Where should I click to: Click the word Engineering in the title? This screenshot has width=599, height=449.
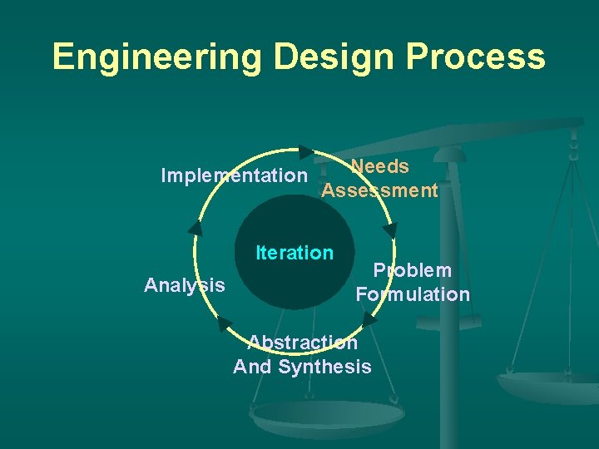click(156, 57)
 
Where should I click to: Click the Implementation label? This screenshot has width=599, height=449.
click(234, 176)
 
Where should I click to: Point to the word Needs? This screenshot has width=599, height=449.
click(379, 167)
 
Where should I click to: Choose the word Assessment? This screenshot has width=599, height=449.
click(379, 191)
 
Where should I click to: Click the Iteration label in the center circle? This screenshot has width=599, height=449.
click(295, 253)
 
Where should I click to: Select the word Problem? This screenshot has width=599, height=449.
click(413, 270)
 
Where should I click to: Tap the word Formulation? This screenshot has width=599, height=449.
click(413, 294)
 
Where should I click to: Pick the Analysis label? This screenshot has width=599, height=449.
click(184, 286)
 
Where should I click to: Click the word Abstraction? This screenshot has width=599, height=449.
click(303, 343)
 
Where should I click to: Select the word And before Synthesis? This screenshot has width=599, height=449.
click(251, 367)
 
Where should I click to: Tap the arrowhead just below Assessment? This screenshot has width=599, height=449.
click(390, 229)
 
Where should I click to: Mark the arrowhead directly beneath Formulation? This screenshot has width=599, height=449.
click(369, 318)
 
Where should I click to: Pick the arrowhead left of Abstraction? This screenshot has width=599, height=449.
click(224, 323)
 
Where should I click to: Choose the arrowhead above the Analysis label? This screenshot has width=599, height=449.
click(196, 228)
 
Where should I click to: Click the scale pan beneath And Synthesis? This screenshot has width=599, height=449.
click(327, 416)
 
